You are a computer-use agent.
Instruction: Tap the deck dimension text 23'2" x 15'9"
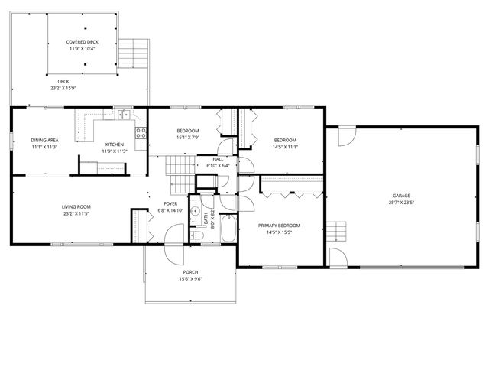(x=63, y=88)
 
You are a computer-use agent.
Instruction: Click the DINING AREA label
(x=44, y=140)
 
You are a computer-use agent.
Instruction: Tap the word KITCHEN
(x=114, y=144)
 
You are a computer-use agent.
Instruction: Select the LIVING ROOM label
(x=76, y=206)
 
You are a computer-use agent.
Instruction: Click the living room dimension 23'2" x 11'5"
(x=76, y=213)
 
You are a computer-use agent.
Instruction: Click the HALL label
(x=218, y=159)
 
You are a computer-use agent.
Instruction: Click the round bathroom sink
(x=196, y=211)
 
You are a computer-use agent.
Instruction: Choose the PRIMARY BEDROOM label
(x=279, y=226)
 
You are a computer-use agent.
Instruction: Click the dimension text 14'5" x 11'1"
(x=285, y=147)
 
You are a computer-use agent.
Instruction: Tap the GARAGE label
(x=401, y=196)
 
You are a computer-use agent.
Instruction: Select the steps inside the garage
(x=338, y=229)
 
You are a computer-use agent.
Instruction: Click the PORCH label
(x=190, y=272)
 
